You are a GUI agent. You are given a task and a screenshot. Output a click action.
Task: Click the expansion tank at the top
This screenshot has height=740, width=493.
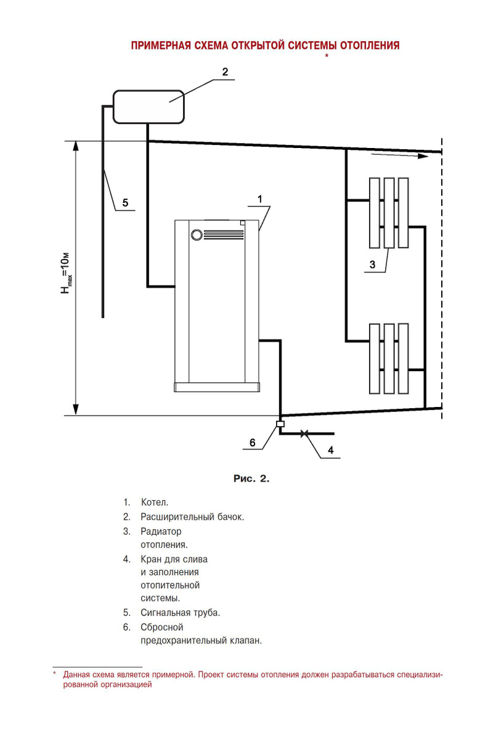(x=148, y=106)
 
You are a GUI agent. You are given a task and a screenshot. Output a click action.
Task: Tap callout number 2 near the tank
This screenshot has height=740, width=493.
(x=225, y=72)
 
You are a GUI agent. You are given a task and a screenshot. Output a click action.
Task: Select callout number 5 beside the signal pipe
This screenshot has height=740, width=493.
(x=125, y=202)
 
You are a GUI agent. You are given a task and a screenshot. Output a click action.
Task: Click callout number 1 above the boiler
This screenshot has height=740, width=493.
(x=260, y=199)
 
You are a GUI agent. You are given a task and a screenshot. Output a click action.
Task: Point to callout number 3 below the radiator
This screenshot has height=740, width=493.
(x=372, y=265)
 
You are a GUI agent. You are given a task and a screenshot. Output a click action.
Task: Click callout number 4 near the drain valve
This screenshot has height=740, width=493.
(x=330, y=450)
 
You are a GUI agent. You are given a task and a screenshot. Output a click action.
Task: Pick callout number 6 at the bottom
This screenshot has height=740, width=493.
(x=252, y=442)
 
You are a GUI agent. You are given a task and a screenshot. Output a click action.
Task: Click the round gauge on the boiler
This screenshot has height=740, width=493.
(x=197, y=234)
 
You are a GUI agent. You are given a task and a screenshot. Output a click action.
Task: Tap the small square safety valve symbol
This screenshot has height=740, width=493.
(x=280, y=424)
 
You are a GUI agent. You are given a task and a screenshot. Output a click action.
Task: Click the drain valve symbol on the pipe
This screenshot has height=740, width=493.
(x=303, y=434)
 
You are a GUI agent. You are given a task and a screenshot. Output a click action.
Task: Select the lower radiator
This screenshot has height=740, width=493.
(x=388, y=358)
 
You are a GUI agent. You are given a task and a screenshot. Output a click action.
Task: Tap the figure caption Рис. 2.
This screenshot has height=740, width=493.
(x=251, y=479)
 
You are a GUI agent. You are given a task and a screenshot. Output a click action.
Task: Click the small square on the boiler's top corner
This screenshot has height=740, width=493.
(x=243, y=223)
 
